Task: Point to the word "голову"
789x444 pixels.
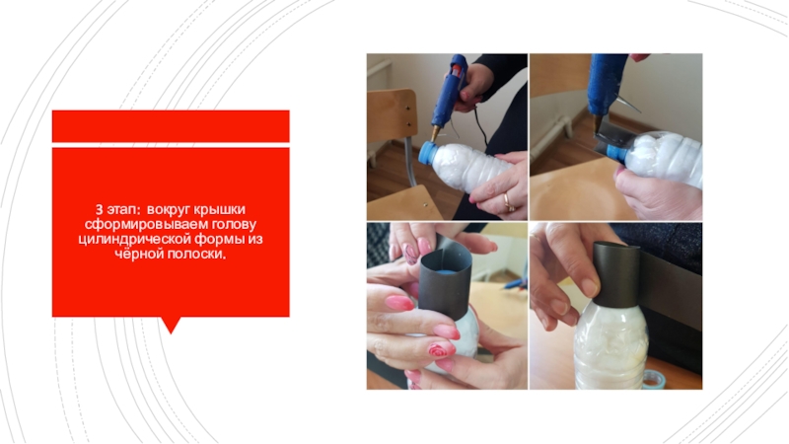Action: click(x=234, y=224)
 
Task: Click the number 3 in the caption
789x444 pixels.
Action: click(x=100, y=209)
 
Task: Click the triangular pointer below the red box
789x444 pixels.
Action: click(x=171, y=326)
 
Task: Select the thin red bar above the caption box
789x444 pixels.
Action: click(x=171, y=126)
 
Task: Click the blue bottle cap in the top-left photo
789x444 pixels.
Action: click(x=428, y=153)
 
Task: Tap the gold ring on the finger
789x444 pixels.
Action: click(x=509, y=202)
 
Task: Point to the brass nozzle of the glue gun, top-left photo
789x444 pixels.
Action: click(x=434, y=133)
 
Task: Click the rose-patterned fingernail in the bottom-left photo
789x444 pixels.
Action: click(x=439, y=350)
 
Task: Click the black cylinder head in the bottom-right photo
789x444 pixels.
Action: click(x=616, y=274)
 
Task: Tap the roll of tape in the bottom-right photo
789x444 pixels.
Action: click(x=654, y=379)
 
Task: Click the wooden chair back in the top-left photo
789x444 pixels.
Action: click(x=392, y=114)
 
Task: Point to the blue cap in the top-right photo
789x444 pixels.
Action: click(x=615, y=154)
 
